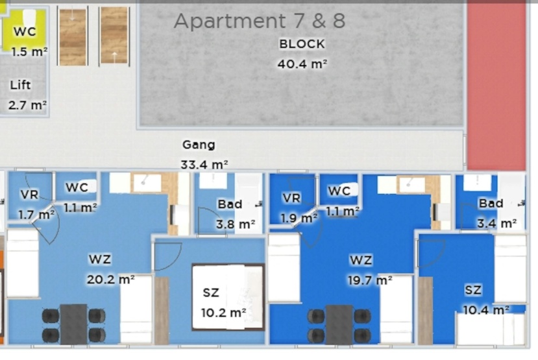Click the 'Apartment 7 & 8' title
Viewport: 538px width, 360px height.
[x=260, y=21]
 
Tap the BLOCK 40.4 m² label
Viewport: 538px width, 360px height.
[x=302, y=54]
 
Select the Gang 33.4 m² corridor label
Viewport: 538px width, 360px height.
[x=204, y=154]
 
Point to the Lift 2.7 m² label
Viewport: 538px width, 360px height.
[x=27, y=95]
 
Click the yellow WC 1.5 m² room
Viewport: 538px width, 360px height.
[x=25, y=31]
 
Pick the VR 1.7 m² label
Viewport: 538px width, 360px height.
[x=36, y=205]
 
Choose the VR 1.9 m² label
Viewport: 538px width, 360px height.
[x=299, y=208]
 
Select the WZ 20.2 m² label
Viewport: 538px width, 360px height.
[x=110, y=269]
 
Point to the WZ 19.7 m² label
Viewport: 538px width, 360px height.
[x=370, y=270]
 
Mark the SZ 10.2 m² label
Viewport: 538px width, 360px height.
[x=223, y=303]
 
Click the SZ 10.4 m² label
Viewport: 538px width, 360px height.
[x=486, y=300]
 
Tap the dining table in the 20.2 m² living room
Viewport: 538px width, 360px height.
[x=73, y=324]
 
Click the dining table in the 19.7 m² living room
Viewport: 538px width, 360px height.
[x=339, y=325]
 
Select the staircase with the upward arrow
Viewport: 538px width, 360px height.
[x=114, y=36]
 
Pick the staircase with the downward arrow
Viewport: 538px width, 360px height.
[x=73, y=36]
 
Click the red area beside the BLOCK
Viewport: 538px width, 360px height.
[x=496, y=86]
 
